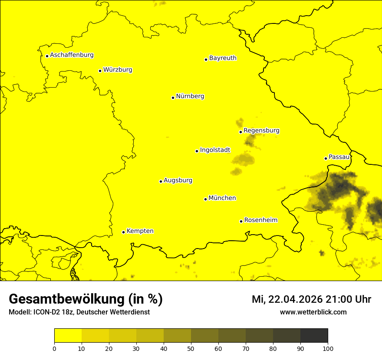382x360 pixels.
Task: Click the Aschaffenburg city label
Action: click(x=72, y=55)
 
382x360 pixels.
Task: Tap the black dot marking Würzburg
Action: click(x=100, y=71)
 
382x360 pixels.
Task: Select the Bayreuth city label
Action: click(x=223, y=58)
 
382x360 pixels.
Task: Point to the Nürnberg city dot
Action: click(x=173, y=98)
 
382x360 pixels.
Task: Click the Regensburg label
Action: click(x=261, y=130)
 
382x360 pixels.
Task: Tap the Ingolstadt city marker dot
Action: click(x=197, y=151)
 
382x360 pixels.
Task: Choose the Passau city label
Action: click(x=339, y=157)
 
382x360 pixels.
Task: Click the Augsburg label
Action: click(x=178, y=180)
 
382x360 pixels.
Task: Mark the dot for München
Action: click(x=205, y=199)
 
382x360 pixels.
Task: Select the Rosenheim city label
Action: click(x=260, y=220)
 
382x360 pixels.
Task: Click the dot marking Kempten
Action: click(x=123, y=232)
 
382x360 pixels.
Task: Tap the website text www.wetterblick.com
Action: click(x=313, y=312)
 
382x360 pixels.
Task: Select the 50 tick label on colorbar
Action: click(x=191, y=348)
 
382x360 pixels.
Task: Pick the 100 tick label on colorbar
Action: click(x=327, y=348)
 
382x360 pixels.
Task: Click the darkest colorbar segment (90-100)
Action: click(x=314, y=336)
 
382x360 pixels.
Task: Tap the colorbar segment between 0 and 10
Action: click(x=68, y=336)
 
